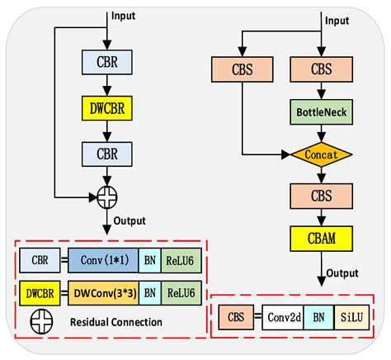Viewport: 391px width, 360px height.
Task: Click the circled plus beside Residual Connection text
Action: [38, 321]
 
